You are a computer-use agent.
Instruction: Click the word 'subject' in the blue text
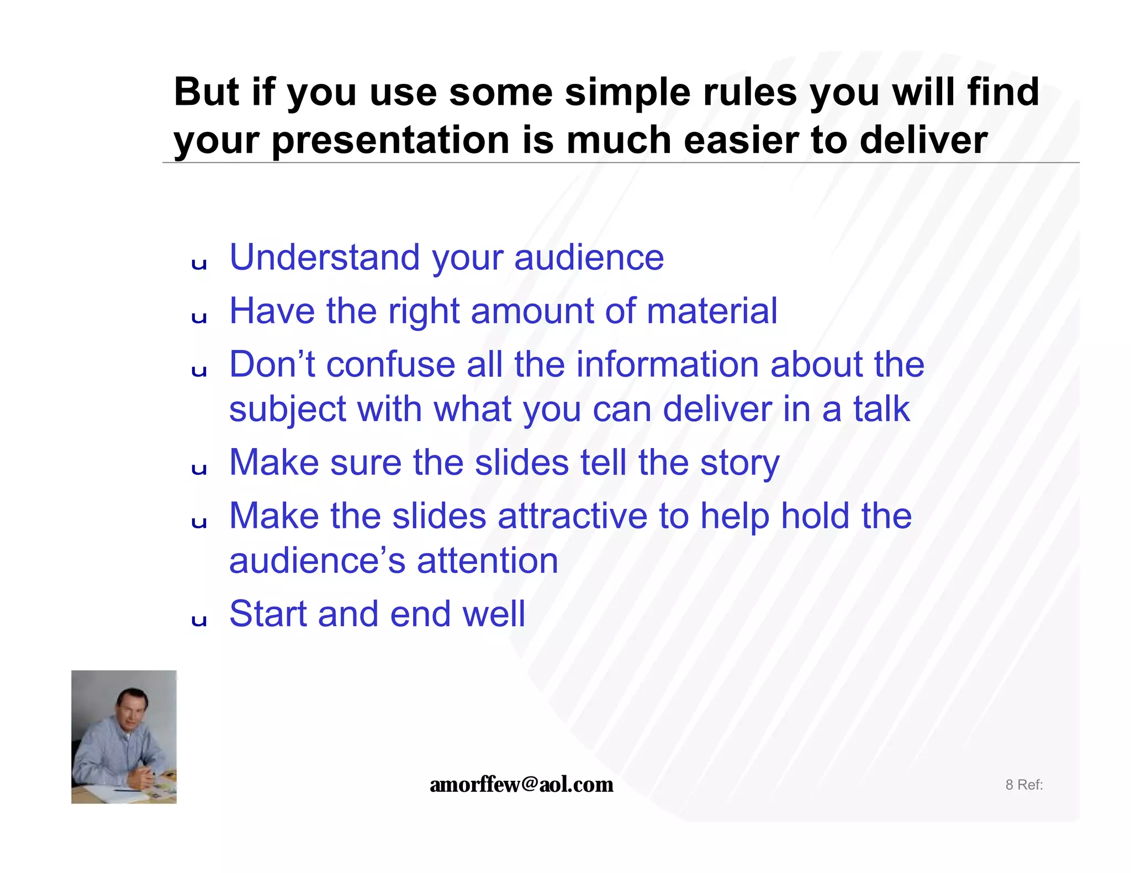[287, 410]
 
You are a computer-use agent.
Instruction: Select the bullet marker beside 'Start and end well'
[199, 621]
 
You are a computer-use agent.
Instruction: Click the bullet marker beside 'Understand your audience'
[199, 264]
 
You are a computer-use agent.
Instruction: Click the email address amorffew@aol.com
[521, 784]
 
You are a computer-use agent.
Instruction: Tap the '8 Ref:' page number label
[1024, 785]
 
